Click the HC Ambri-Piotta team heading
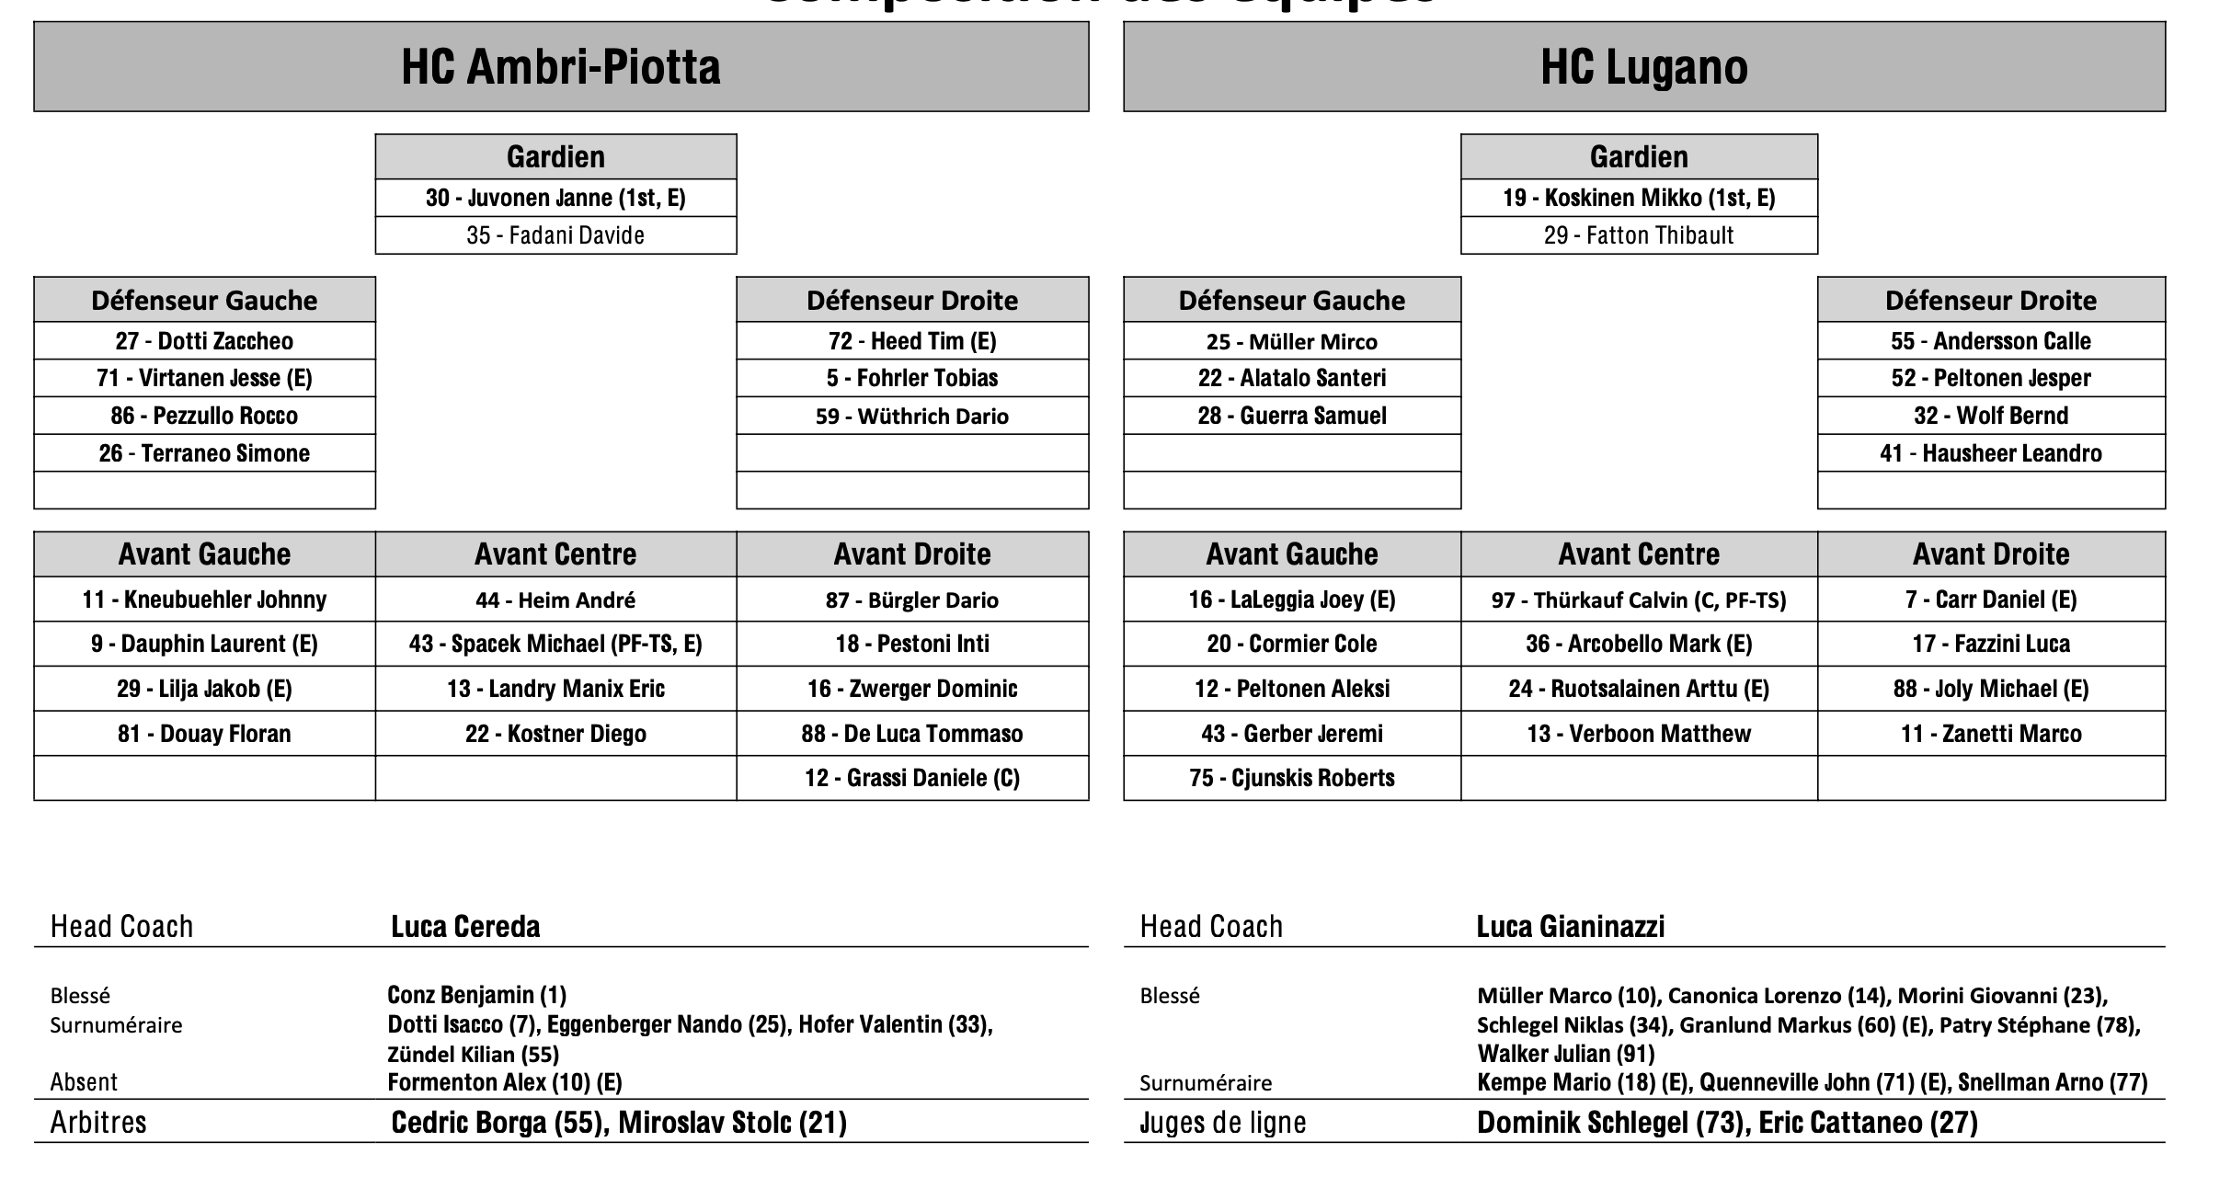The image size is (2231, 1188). pos(560,67)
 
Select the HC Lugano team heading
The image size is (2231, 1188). pos(1643,67)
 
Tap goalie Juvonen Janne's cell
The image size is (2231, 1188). pos(555,198)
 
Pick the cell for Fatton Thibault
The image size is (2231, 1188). pos(1638,235)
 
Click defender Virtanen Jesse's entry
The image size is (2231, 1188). pos(204,378)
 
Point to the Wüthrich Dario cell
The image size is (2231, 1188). pos(911,416)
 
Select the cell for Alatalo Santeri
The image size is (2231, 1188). pos(1291,378)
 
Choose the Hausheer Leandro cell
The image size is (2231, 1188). pos(1990,453)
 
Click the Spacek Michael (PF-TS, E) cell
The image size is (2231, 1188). pos(555,644)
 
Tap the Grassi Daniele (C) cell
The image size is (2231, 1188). pos(911,778)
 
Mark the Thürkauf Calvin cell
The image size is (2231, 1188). pos(1638,600)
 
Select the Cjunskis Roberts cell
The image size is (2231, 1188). pos(1291,778)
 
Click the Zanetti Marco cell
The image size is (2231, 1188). pos(1990,734)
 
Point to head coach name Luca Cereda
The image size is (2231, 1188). pos(465,926)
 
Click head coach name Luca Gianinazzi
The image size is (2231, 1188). pos(1570,926)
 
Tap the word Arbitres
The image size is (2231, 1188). pos(98,1122)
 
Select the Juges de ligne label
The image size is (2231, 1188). pos(1222,1122)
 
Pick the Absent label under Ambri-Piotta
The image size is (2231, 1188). pos(84,1082)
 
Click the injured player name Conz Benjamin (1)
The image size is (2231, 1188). pos(476,995)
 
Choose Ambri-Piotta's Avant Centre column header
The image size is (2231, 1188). pos(555,554)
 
